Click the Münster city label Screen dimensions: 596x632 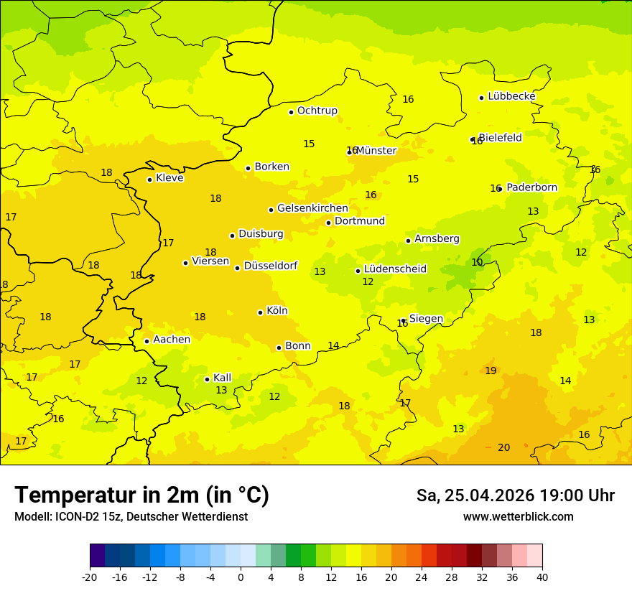click(376, 151)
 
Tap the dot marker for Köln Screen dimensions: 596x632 click(260, 312)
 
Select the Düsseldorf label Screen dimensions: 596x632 click(271, 266)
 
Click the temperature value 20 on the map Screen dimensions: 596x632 click(504, 447)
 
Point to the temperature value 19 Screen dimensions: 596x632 click(491, 371)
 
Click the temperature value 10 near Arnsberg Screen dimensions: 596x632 click(477, 262)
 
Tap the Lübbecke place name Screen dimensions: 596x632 click(511, 96)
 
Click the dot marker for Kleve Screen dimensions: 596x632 click(149, 180)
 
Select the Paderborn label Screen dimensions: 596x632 click(531, 187)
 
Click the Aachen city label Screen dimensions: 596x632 click(172, 340)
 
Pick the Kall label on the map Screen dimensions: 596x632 click(223, 378)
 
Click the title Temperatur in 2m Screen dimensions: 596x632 click(141, 495)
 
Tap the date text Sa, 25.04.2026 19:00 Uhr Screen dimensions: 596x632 click(515, 495)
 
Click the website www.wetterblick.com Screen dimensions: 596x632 click(518, 517)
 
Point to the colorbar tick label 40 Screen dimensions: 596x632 click(542, 577)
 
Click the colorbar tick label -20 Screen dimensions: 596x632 click(90, 577)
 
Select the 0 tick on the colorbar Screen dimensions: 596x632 click(241, 577)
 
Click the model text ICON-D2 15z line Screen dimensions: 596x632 click(131, 517)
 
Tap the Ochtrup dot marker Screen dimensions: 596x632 click(291, 112)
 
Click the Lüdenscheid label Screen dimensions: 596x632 click(395, 269)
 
